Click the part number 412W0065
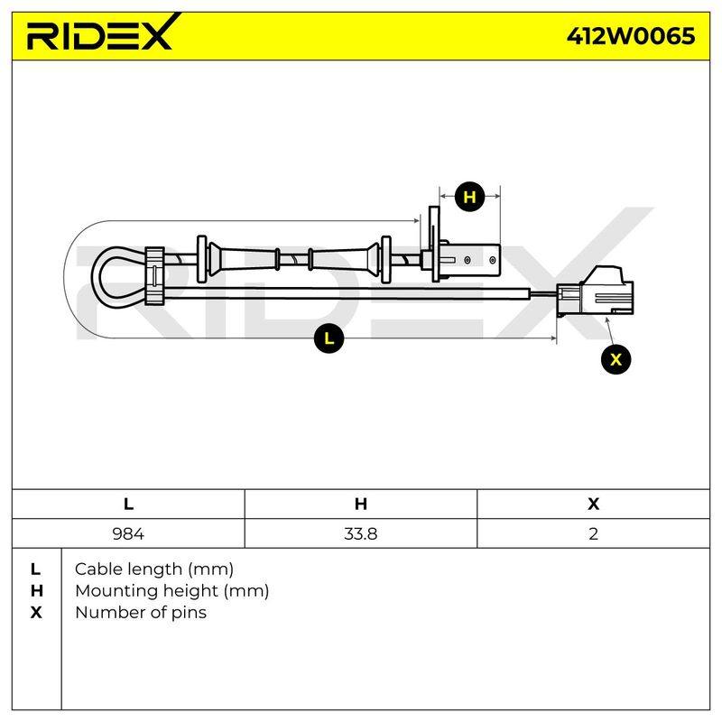[630, 36]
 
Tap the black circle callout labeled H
[469, 197]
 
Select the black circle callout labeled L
[329, 339]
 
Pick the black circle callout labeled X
[616, 359]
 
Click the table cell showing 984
[128, 533]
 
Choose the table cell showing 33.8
[360, 533]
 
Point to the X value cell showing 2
[594, 533]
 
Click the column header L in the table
[128, 504]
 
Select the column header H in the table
[360, 504]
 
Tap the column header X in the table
[594, 504]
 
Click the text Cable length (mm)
[154, 569]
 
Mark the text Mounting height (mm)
[172, 591]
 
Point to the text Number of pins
[141, 613]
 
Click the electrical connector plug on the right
[595, 292]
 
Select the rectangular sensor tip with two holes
[472, 260]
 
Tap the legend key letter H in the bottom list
[36, 591]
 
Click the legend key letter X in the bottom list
[36, 613]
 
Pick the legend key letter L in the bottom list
[35, 569]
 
